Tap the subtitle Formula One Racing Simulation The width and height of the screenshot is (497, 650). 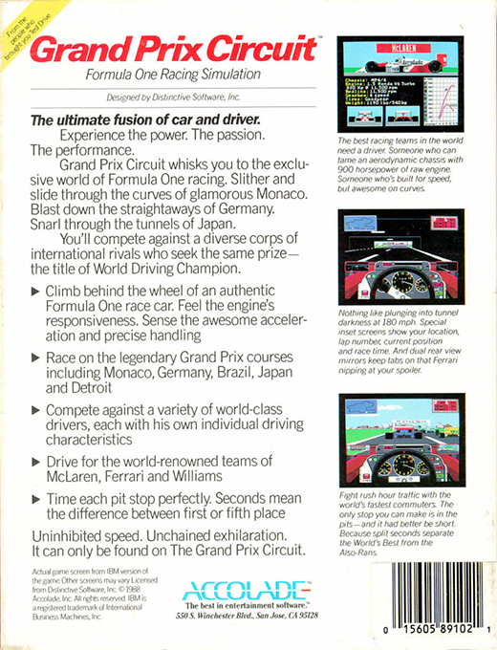point(173,76)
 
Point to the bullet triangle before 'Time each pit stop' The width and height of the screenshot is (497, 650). point(37,499)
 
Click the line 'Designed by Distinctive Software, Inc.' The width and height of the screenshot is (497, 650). point(173,97)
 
